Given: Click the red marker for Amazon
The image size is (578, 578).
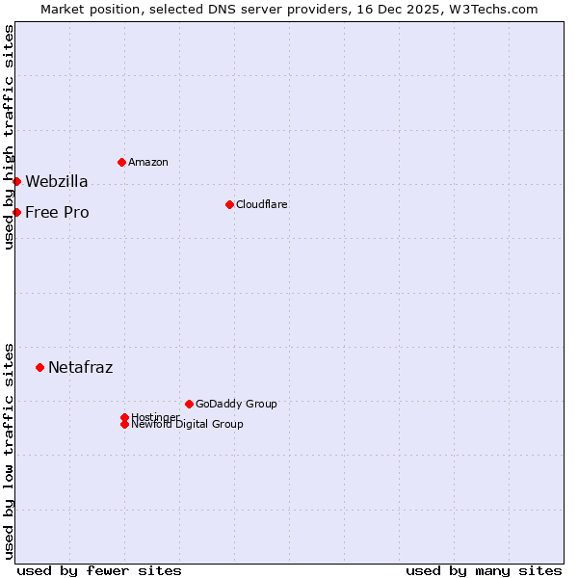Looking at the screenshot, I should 121,162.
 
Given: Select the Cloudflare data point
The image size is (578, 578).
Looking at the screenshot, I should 229,204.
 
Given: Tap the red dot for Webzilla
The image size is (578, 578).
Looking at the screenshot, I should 16,181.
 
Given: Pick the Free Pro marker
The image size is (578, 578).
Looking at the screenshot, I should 16,212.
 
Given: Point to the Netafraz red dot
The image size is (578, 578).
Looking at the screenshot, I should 39,367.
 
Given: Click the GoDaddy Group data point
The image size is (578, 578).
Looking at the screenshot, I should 189,404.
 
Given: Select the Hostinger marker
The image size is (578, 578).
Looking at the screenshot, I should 124,417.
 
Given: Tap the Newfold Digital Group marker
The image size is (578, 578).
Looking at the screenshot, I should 124,425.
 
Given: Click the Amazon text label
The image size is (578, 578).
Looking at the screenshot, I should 148,162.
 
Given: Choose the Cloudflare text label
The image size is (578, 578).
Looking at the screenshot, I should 262,204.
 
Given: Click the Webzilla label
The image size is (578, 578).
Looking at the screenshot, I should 57,181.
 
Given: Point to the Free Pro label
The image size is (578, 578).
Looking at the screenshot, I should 58,212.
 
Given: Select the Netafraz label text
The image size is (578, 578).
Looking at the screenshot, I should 81,367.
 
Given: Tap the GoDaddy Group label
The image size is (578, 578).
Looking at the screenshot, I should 236,404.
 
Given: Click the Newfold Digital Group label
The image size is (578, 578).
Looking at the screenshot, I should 188,425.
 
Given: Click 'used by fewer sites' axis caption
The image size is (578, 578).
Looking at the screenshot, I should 99,570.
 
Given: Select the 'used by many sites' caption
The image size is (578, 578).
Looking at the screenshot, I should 484,570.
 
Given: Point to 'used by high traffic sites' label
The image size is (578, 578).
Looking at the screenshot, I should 9,137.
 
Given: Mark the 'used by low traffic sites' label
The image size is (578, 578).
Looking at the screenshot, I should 9,450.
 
